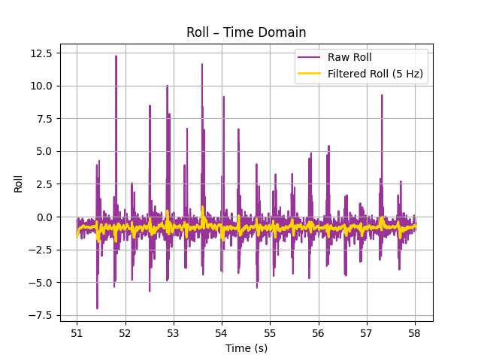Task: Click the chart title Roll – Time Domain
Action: pyautogui.click(x=246, y=32)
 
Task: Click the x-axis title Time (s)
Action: pyautogui.click(x=246, y=348)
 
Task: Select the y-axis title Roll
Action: pyautogui.click(x=18, y=183)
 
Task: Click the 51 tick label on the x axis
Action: pyautogui.click(x=77, y=332)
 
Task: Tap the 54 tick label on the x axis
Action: pyautogui.click(x=222, y=332)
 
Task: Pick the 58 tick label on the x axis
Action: pyautogui.click(x=415, y=332)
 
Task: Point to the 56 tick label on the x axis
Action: pyautogui.click(x=319, y=332)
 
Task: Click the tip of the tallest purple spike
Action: pyautogui.click(x=116, y=56)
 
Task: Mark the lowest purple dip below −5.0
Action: pyautogui.click(x=97, y=308)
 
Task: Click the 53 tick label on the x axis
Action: pyautogui.click(x=174, y=332)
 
